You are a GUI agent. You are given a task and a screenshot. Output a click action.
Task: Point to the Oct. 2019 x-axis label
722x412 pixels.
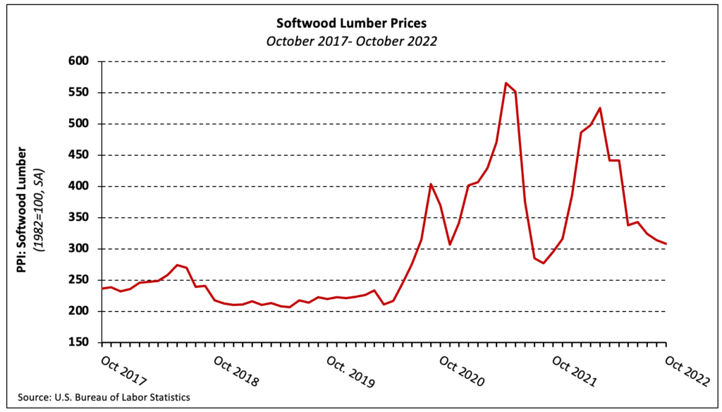[349, 369]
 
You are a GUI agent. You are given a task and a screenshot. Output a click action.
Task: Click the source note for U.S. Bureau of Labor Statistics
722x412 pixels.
[99, 397]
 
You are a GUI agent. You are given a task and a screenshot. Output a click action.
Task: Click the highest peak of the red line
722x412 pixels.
[506, 83]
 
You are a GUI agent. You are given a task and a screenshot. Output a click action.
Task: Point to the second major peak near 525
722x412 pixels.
[600, 108]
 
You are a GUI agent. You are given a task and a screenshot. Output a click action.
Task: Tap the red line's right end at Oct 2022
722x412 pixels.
[666, 244]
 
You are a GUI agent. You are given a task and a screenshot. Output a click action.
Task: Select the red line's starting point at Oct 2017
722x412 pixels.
[103, 289]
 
